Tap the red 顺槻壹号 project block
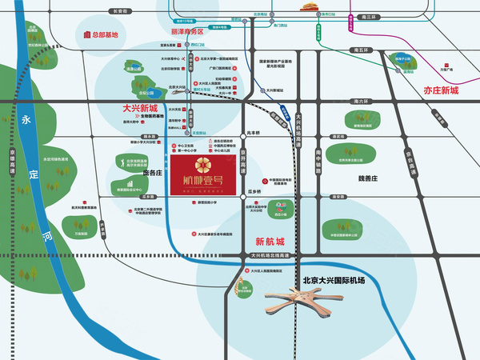pos(207,174)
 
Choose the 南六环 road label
pos(364,102)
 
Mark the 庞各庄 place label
pos(152,172)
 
